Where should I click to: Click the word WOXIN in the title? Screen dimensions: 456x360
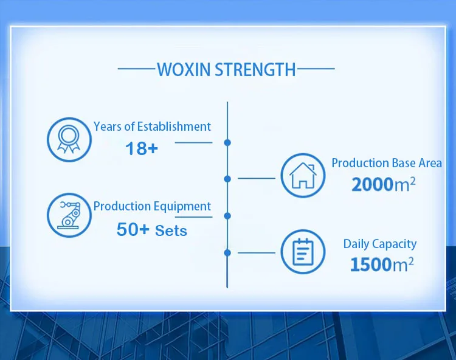pos(184,69)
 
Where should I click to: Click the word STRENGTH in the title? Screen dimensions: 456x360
pos(255,69)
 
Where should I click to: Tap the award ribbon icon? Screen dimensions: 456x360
pos(69,139)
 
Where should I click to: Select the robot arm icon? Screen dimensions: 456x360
pos(69,215)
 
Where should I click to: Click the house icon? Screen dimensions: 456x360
pos(303,175)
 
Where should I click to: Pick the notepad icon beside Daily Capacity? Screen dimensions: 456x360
pos(303,252)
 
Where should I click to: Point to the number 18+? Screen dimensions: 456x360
pos(142,148)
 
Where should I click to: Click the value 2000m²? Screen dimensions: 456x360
pos(383,184)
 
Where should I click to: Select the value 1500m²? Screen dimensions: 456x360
pos(382,264)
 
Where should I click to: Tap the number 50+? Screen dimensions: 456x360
pos(133,229)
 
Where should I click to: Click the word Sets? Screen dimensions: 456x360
pos(171,230)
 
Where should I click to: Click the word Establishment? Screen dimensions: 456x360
pos(174,126)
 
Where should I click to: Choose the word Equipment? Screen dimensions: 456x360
pos(182,207)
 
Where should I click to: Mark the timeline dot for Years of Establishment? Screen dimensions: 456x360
pos(227,142)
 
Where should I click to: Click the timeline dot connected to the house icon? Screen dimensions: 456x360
pos(227,179)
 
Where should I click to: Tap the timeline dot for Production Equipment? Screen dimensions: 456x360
pos(227,216)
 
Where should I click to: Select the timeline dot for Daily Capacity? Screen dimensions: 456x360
pos(227,253)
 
